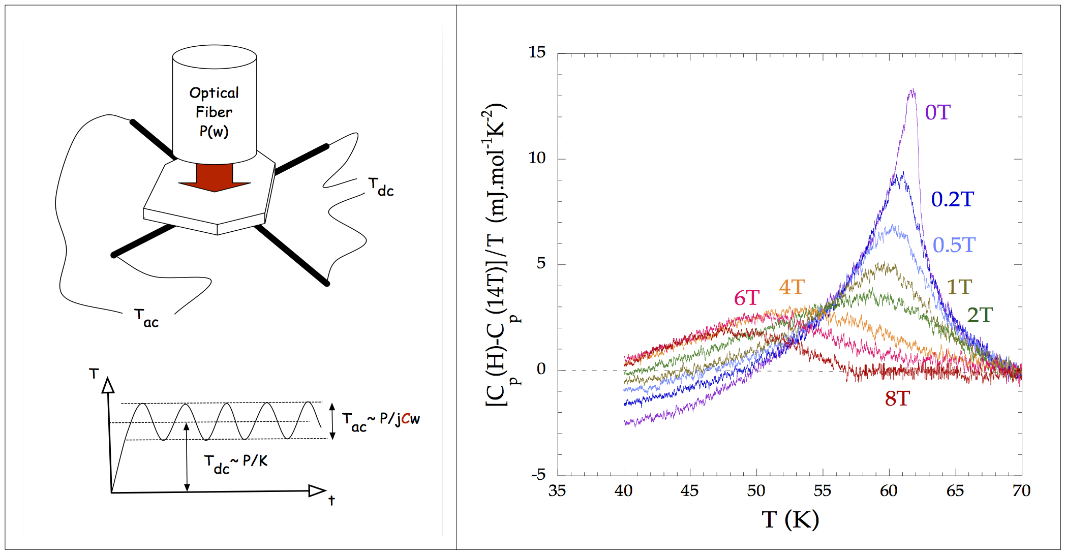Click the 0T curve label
[937, 112]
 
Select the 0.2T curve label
[952, 199]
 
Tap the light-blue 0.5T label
[954, 245]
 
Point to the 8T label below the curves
[897, 399]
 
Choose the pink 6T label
[746, 298]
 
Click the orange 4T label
[792, 288]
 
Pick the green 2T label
[979, 315]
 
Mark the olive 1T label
[959, 288]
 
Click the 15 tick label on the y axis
[537, 52]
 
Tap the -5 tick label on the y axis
[538, 475]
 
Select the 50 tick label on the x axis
[756, 491]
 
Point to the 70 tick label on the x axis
[1021, 491]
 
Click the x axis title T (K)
[790, 519]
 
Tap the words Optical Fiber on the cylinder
[214, 102]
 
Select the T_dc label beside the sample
[381, 187]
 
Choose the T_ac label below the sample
[146, 318]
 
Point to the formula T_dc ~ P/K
[235, 463]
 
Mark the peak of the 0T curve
[912, 91]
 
